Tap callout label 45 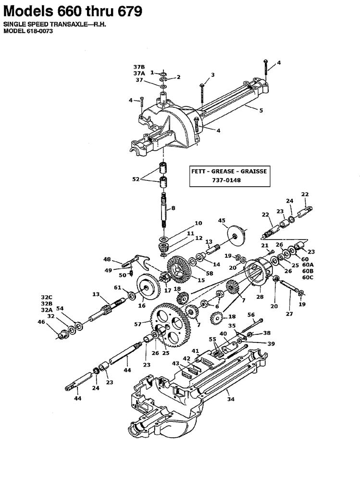pos(222,221)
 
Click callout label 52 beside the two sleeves pos(136,179)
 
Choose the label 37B pos(139,66)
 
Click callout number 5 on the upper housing pos(261,111)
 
